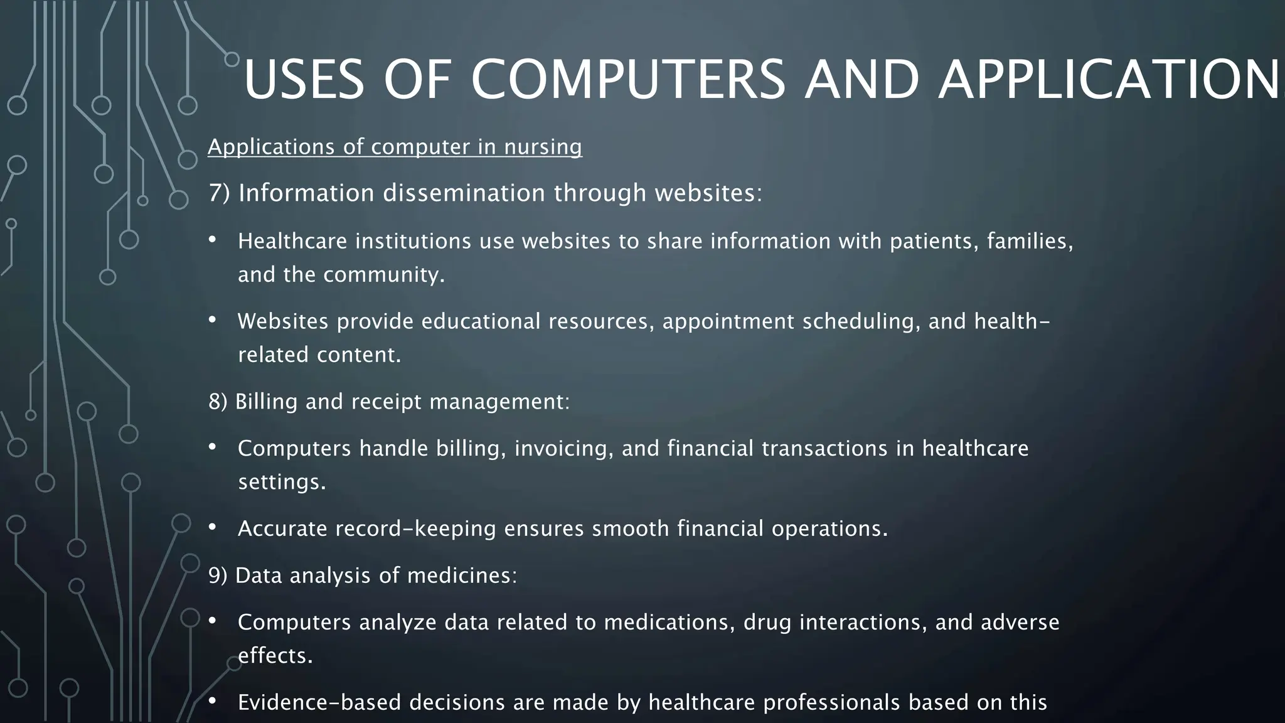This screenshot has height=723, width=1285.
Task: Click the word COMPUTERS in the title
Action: click(628, 80)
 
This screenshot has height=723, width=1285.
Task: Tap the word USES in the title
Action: click(304, 80)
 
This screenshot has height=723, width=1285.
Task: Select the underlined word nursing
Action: click(543, 147)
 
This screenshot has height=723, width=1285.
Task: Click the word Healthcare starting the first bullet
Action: click(292, 241)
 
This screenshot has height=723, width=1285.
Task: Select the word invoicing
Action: click(563, 448)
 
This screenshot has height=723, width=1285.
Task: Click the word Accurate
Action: click(282, 528)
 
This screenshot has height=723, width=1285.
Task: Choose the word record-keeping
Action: click(415, 528)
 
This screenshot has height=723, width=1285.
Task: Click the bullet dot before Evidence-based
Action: click(213, 700)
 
